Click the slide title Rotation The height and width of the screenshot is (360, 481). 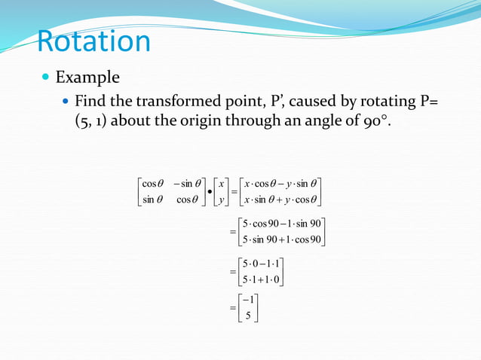tap(93, 41)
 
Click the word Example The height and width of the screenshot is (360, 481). tap(87, 78)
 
